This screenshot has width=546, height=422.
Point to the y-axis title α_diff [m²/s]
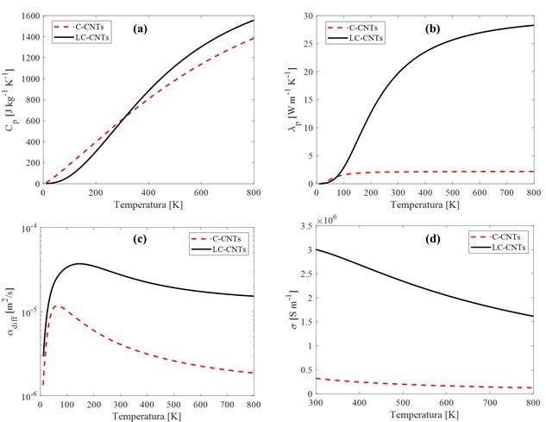10,311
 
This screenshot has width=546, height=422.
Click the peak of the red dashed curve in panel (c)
57,305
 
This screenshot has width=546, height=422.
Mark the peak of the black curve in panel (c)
80,264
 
